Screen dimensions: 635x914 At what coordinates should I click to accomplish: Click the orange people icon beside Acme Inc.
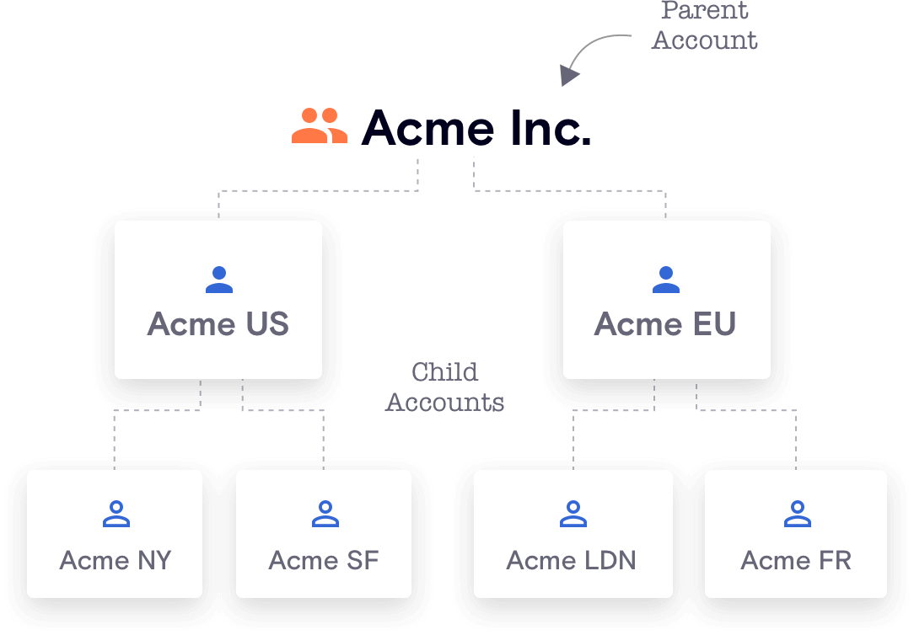320,126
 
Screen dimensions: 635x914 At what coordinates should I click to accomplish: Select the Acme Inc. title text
476,128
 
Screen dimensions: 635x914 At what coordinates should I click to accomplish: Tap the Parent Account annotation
704,26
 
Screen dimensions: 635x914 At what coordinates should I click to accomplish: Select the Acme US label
218,324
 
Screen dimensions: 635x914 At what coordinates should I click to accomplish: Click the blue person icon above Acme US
218,280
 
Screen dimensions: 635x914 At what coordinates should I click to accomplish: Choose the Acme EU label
665,324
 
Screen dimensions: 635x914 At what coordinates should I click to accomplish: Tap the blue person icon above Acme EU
665,280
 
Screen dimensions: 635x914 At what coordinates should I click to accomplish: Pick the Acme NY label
116,560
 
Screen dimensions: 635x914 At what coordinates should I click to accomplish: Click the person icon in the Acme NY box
116,514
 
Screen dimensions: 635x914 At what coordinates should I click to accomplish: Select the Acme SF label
324,560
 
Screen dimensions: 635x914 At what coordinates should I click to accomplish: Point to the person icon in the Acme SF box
324,514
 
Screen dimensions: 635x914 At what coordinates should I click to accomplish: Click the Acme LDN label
572,560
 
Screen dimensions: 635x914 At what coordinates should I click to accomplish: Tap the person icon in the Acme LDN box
573,514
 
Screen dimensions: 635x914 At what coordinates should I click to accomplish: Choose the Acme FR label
796,560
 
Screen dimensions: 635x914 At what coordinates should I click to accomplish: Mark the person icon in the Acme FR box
796,514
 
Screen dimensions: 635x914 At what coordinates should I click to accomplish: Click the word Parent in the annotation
705,11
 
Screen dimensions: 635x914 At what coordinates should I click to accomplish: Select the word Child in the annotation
445,372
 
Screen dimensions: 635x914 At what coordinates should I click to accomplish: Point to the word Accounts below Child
445,403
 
